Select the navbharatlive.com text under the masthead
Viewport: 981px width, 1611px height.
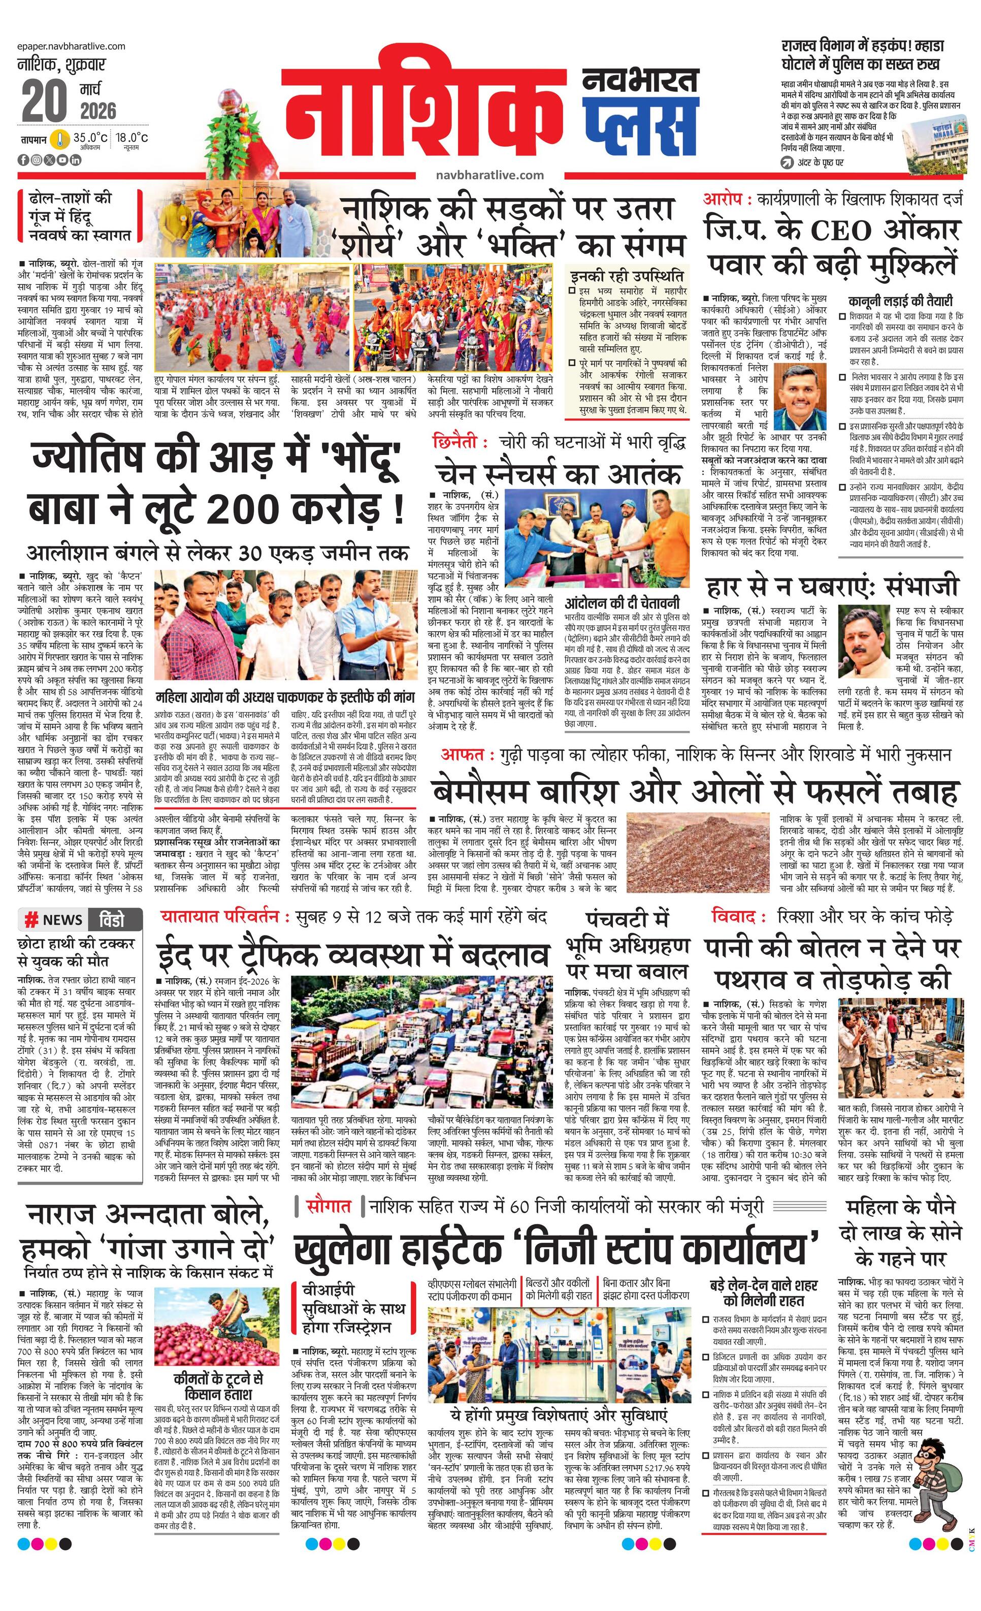point(489,175)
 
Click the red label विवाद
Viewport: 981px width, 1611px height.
point(733,917)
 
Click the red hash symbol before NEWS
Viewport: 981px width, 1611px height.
point(30,920)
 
